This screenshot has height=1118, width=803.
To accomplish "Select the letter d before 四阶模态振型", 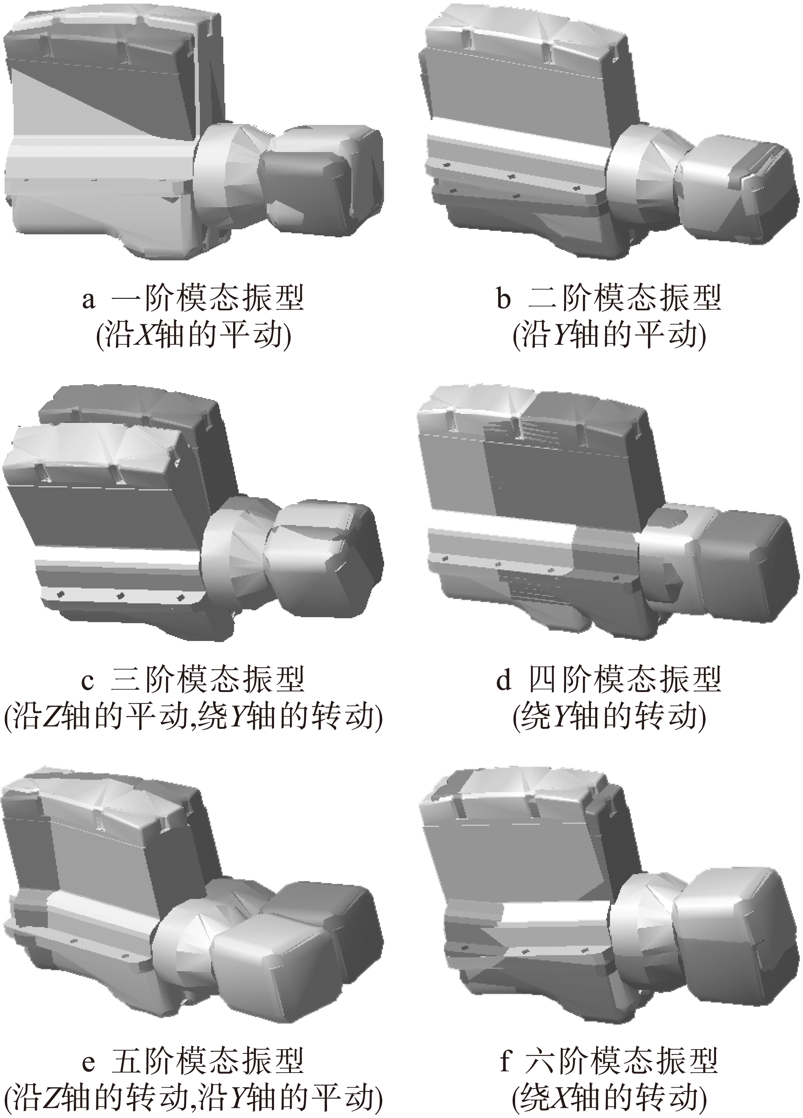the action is point(503,679).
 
